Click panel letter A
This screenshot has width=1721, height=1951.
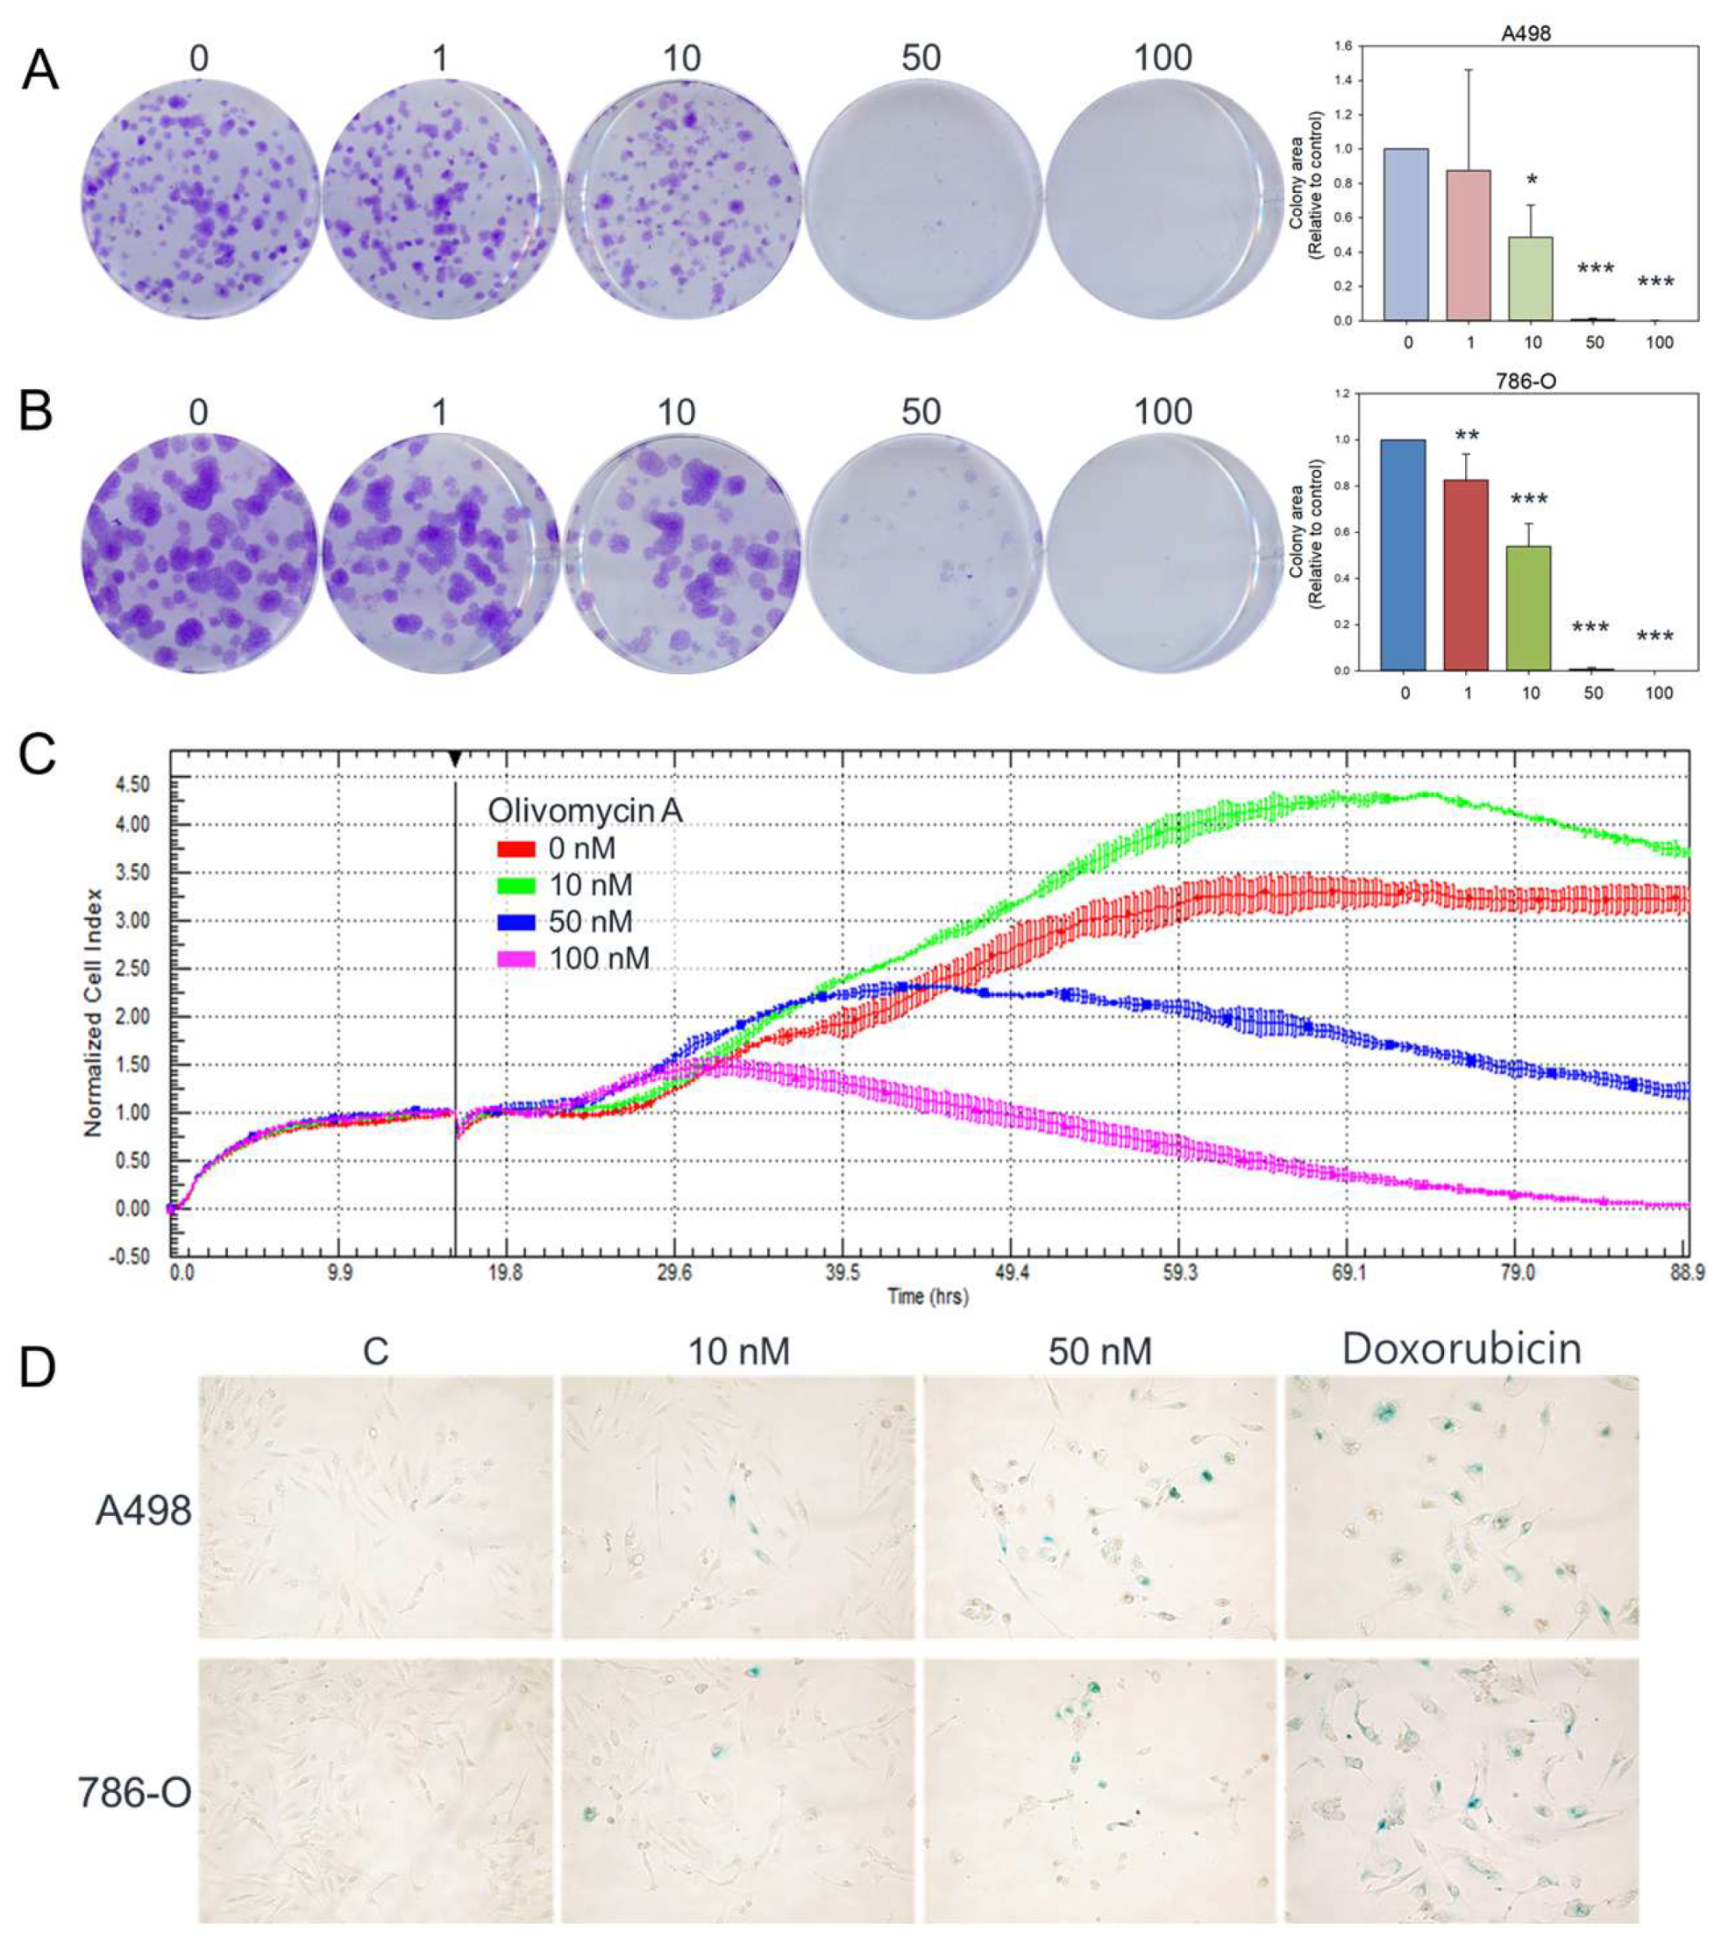coord(40,71)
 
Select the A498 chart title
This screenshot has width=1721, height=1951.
coord(1525,32)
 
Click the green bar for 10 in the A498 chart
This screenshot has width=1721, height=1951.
coord(1531,278)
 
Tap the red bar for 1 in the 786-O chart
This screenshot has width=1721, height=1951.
coord(1465,573)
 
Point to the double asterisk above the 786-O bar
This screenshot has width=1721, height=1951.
coord(1467,438)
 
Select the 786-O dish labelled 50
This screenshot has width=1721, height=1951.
coord(921,552)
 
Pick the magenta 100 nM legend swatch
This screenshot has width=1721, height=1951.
coord(516,958)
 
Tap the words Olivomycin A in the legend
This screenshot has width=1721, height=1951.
coord(584,810)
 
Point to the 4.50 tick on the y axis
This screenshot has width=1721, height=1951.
coord(132,785)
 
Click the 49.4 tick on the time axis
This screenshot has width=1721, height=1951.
coord(1011,1272)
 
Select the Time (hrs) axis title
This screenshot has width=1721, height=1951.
coord(927,1296)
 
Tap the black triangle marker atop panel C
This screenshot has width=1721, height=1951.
coord(455,758)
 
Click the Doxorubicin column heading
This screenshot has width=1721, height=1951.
coord(1461,1349)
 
